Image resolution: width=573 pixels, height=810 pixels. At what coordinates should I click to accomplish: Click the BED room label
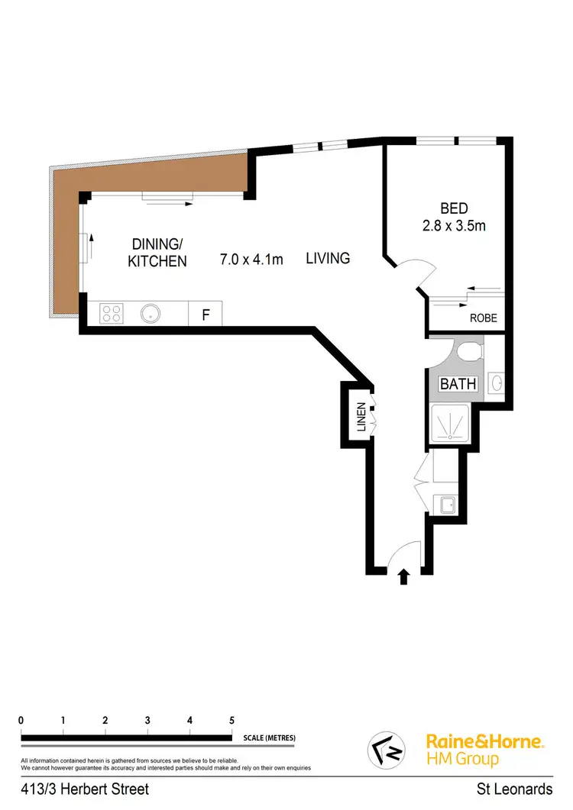coord(454,208)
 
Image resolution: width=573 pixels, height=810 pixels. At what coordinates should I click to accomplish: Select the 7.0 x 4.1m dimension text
coord(251,260)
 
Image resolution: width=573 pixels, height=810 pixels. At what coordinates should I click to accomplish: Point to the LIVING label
coord(328,258)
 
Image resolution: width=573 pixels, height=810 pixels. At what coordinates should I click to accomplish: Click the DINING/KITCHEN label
coord(159,252)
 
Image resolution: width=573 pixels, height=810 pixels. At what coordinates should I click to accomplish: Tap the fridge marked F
coord(205,314)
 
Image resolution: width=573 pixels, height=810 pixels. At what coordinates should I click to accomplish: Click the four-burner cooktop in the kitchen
coord(112,313)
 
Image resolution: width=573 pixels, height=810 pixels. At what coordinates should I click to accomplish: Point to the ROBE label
coord(483,318)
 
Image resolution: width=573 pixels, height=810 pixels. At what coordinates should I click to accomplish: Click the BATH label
coord(458,384)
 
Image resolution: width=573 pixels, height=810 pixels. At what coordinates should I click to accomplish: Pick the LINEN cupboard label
coord(361,418)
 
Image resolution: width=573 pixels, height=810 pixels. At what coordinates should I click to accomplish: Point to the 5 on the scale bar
coord(231,720)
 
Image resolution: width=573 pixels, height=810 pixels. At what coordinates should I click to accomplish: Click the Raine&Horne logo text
coord(484,741)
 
